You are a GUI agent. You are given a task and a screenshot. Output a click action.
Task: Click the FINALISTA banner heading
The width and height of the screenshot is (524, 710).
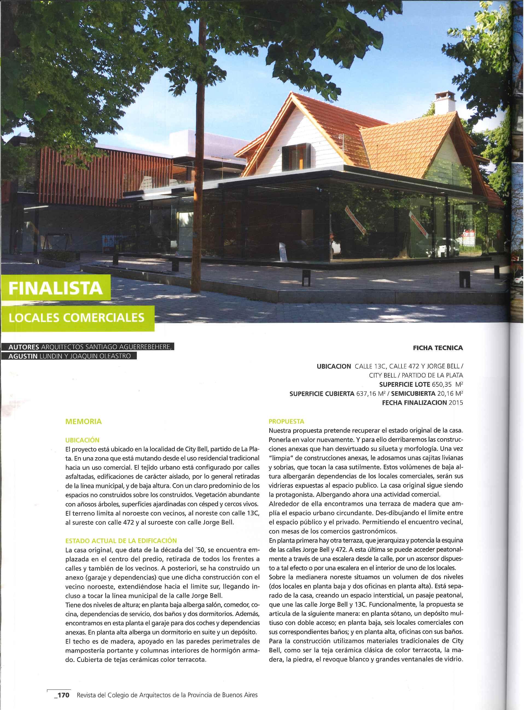point(56,288)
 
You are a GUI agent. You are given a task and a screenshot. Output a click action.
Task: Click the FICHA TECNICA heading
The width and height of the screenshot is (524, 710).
point(438,348)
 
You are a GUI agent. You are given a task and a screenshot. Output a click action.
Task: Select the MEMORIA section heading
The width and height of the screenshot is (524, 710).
point(83,422)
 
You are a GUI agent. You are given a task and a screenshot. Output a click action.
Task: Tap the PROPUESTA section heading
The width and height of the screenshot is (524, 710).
point(286,422)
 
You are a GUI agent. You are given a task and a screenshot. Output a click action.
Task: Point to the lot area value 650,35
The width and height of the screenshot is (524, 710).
point(442,385)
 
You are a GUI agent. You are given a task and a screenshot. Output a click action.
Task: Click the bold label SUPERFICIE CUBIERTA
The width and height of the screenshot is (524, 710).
point(322,394)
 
